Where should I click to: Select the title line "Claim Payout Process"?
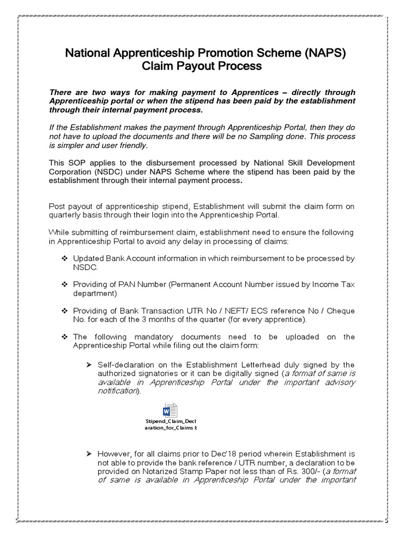click(201, 66)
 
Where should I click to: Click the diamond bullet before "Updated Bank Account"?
click(65, 259)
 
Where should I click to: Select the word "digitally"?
click(247, 374)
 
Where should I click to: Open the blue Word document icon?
click(171, 411)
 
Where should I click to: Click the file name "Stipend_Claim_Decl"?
click(171, 422)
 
